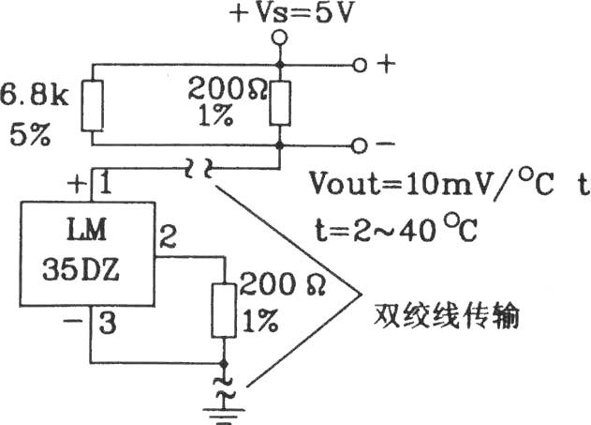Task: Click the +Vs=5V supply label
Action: coord(292,13)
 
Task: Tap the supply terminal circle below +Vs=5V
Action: coord(280,38)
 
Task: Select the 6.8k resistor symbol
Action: coord(92,106)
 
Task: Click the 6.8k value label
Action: coord(34,95)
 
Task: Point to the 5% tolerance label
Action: coord(29,134)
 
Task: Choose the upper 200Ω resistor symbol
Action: coord(280,103)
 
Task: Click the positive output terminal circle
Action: coord(360,66)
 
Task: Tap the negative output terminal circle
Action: coord(359,145)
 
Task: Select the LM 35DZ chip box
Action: coord(87,253)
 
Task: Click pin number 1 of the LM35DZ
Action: coord(105,183)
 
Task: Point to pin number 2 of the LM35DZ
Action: coord(168,236)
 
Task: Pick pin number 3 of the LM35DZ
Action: coord(108,323)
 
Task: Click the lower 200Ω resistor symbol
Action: coord(224,311)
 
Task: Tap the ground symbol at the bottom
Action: coord(224,416)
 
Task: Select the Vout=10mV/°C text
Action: coord(432,184)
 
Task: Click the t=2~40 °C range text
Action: coord(396,228)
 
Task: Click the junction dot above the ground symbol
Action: coord(224,363)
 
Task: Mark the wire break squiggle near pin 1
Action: coord(198,168)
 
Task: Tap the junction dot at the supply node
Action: coord(280,66)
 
